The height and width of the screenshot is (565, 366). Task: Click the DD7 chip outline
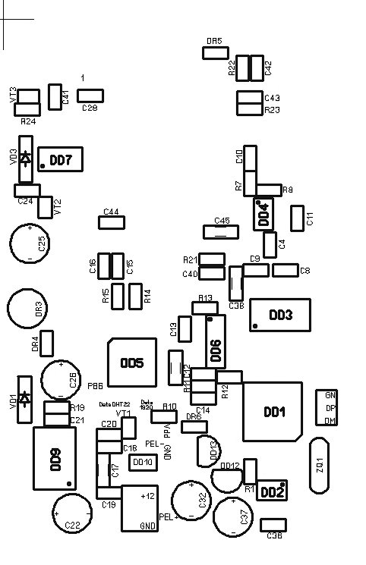click(x=60, y=160)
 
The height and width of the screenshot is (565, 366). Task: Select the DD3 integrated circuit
click(x=280, y=315)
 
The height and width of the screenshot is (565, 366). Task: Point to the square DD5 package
click(x=132, y=363)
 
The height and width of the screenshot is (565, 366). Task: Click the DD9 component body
click(x=55, y=458)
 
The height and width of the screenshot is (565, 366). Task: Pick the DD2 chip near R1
click(x=272, y=491)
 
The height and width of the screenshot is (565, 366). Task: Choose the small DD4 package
click(x=263, y=215)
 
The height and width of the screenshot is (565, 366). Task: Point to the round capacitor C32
click(x=191, y=500)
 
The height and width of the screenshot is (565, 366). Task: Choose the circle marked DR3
click(x=28, y=310)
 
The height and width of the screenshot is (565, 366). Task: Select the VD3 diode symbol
click(x=26, y=159)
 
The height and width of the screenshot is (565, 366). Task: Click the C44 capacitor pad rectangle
click(x=112, y=222)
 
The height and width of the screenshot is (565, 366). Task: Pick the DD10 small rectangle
click(x=142, y=462)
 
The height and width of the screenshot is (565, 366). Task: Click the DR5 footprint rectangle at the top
click(x=215, y=52)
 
